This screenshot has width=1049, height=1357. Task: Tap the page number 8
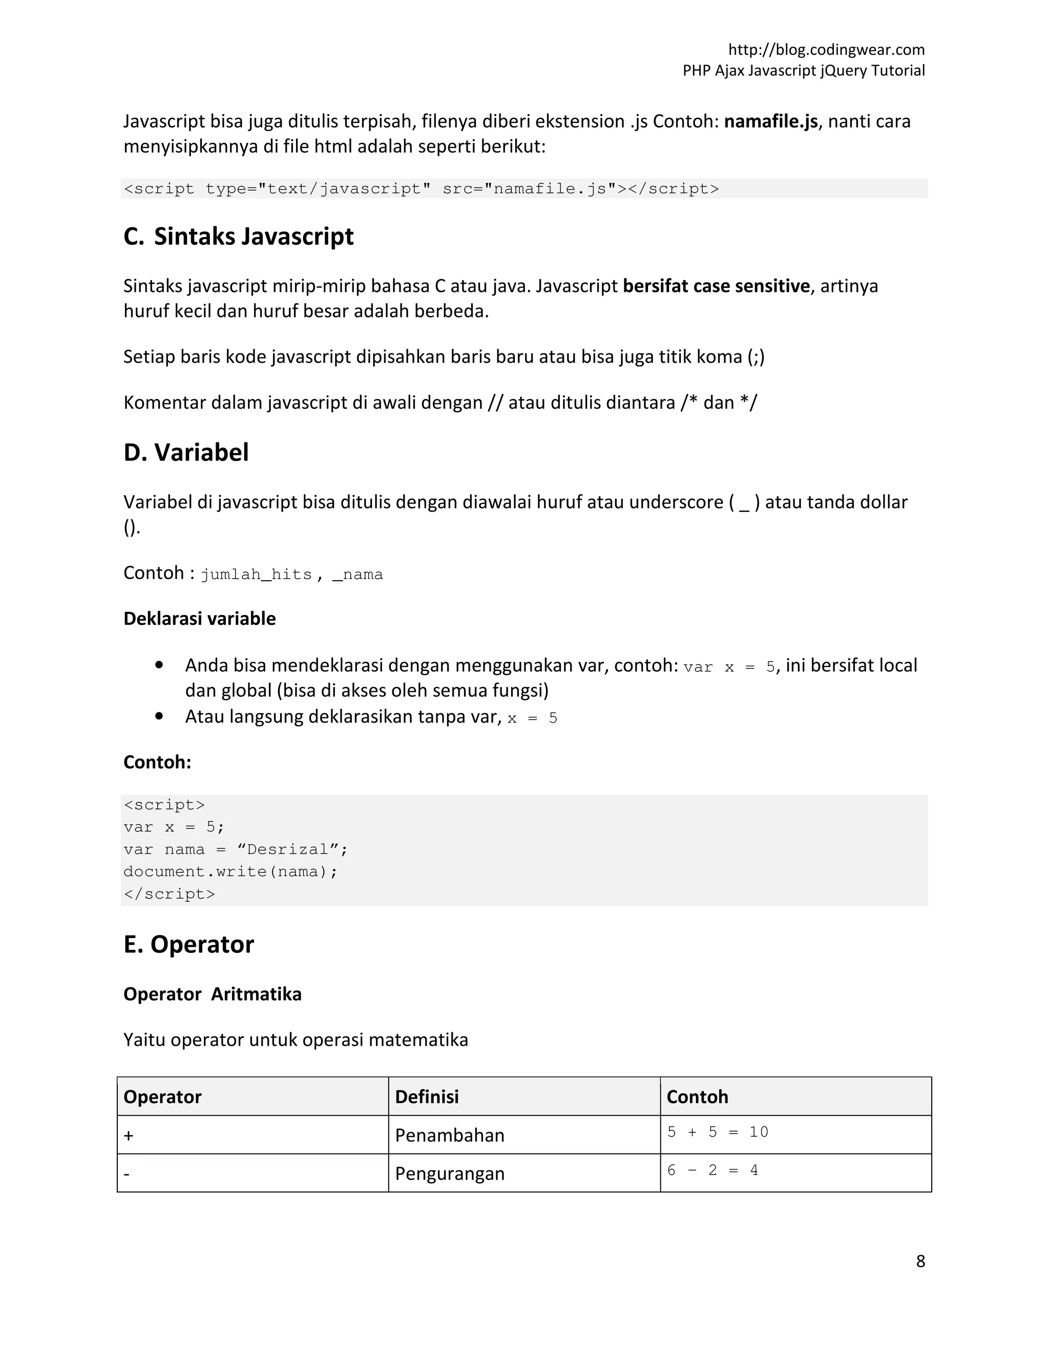point(920,1261)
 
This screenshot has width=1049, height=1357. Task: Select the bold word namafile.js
point(770,121)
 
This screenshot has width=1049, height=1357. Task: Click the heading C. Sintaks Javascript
point(239,237)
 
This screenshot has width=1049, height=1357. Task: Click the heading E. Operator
point(189,944)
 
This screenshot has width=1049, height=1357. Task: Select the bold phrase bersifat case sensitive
point(716,286)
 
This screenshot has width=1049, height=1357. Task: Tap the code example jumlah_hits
point(256,574)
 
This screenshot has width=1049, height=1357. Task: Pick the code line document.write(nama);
point(230,871)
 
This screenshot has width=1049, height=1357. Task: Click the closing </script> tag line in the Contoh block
point(170,894)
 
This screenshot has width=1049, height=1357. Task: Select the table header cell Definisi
point(427,1097)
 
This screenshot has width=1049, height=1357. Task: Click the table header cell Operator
point(163,1097)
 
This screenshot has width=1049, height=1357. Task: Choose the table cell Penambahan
point(450,1135)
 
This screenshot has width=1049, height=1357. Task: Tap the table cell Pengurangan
point(450,1174)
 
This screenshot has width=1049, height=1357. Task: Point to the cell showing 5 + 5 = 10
point(718,1132)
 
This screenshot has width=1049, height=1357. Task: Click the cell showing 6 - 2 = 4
point(712,1171)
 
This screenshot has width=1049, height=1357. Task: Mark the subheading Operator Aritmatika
point(213,994)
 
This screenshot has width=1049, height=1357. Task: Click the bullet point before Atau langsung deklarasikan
point(159,716)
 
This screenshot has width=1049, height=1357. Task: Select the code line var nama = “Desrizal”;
point(236,850)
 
